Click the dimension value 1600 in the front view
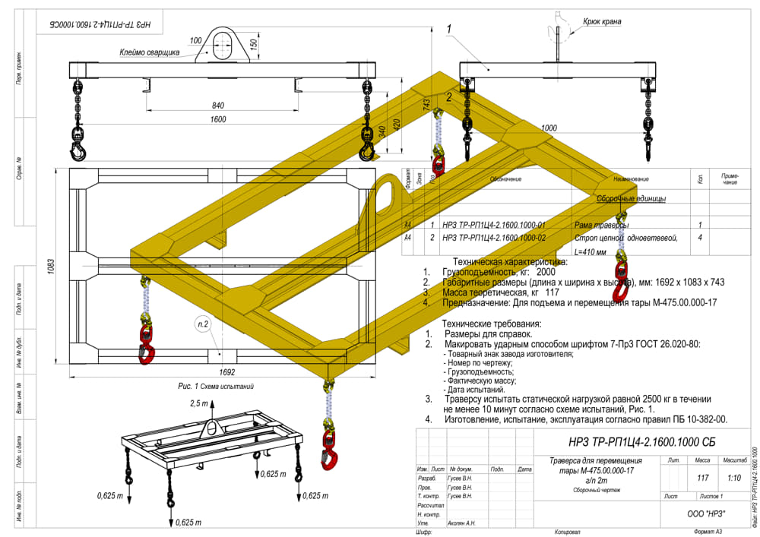pos(218,120)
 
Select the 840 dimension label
pos(218,106)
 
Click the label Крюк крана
pos(602,22)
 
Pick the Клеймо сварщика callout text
pos(149,52)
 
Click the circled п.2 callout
pos(204,325)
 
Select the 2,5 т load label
pos(198,403)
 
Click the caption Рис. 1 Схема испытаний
pos(216,387)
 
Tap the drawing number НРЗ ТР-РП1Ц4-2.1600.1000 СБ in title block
pos(642,443)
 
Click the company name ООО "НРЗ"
pos(706,513)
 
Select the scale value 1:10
pos(734,478)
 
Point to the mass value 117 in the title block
pos(702,478)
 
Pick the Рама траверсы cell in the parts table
pos(602,225)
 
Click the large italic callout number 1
pos(449,30)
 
